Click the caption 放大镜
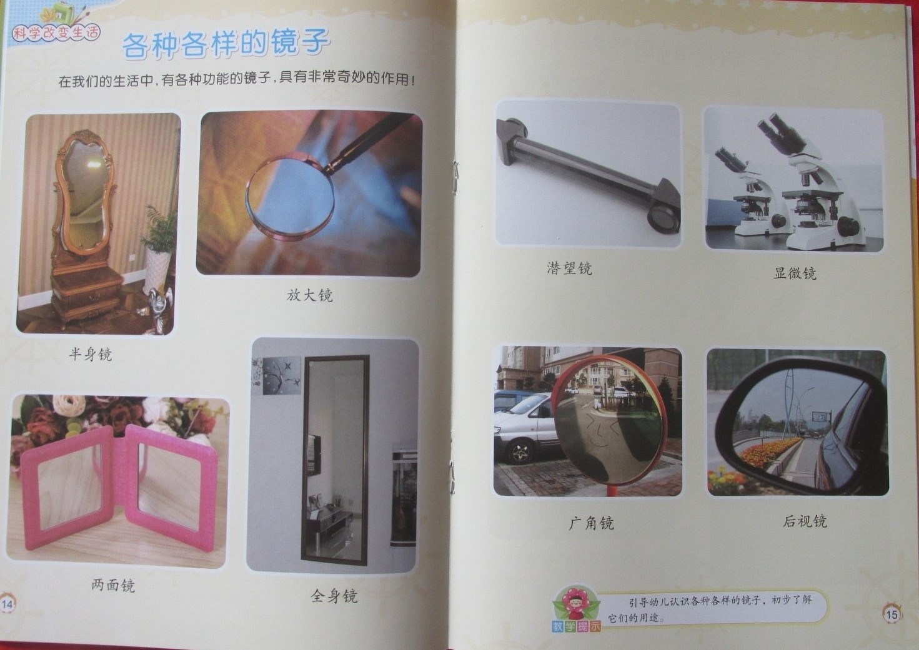(309, 295)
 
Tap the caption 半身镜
(90, 353)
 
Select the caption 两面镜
(113, 585)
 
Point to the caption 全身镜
(334, 596)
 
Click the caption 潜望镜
(569, 268)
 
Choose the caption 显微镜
(795, 273)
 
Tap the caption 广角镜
(591, 523)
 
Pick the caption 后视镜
(805, 521)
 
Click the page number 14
(7, 604)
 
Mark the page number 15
(892, 614)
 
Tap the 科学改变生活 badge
(56, 33)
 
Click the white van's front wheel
(520, 451)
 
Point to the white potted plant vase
(157, 269)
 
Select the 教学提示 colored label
(576, 626)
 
